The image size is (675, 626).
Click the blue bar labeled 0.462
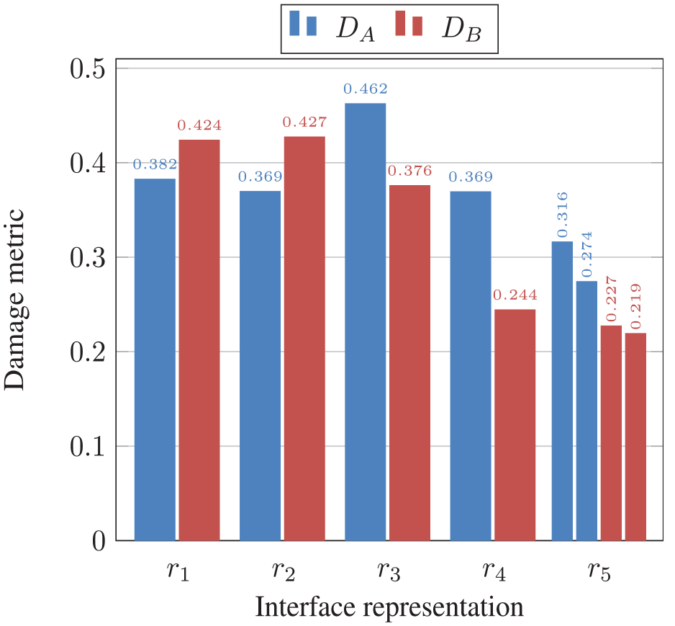coord(366,322)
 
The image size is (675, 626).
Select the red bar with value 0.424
coord(199,340)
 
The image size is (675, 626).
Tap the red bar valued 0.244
coord(515,425)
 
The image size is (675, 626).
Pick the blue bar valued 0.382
coord(155,359)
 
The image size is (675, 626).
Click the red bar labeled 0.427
coord(304,339)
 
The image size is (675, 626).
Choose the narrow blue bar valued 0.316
coord(562,390)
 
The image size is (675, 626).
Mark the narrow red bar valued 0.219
coord(636,437)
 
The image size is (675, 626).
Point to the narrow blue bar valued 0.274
coord(586,411)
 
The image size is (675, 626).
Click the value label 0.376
coord(410,171)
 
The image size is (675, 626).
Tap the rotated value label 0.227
coord(611,300)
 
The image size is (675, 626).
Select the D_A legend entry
coord(332,29)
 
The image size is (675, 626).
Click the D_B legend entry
coord(438,29)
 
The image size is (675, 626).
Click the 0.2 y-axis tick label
coord(88,352)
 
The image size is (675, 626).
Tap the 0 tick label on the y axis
coord(99,541)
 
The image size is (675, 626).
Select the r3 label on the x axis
coord(389,571)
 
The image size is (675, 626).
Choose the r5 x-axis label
coord(599,571)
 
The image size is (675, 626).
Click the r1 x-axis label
coord(178,571)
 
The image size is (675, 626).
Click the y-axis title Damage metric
coord(14,300)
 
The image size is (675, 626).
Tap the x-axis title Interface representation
coord(389,607)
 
